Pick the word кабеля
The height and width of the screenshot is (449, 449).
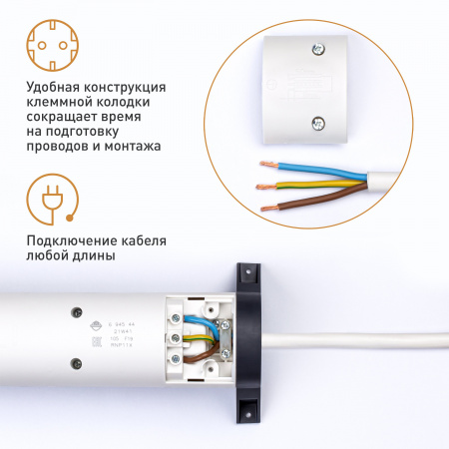pos(144,242)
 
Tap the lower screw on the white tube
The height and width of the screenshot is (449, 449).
pos(74,363)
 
